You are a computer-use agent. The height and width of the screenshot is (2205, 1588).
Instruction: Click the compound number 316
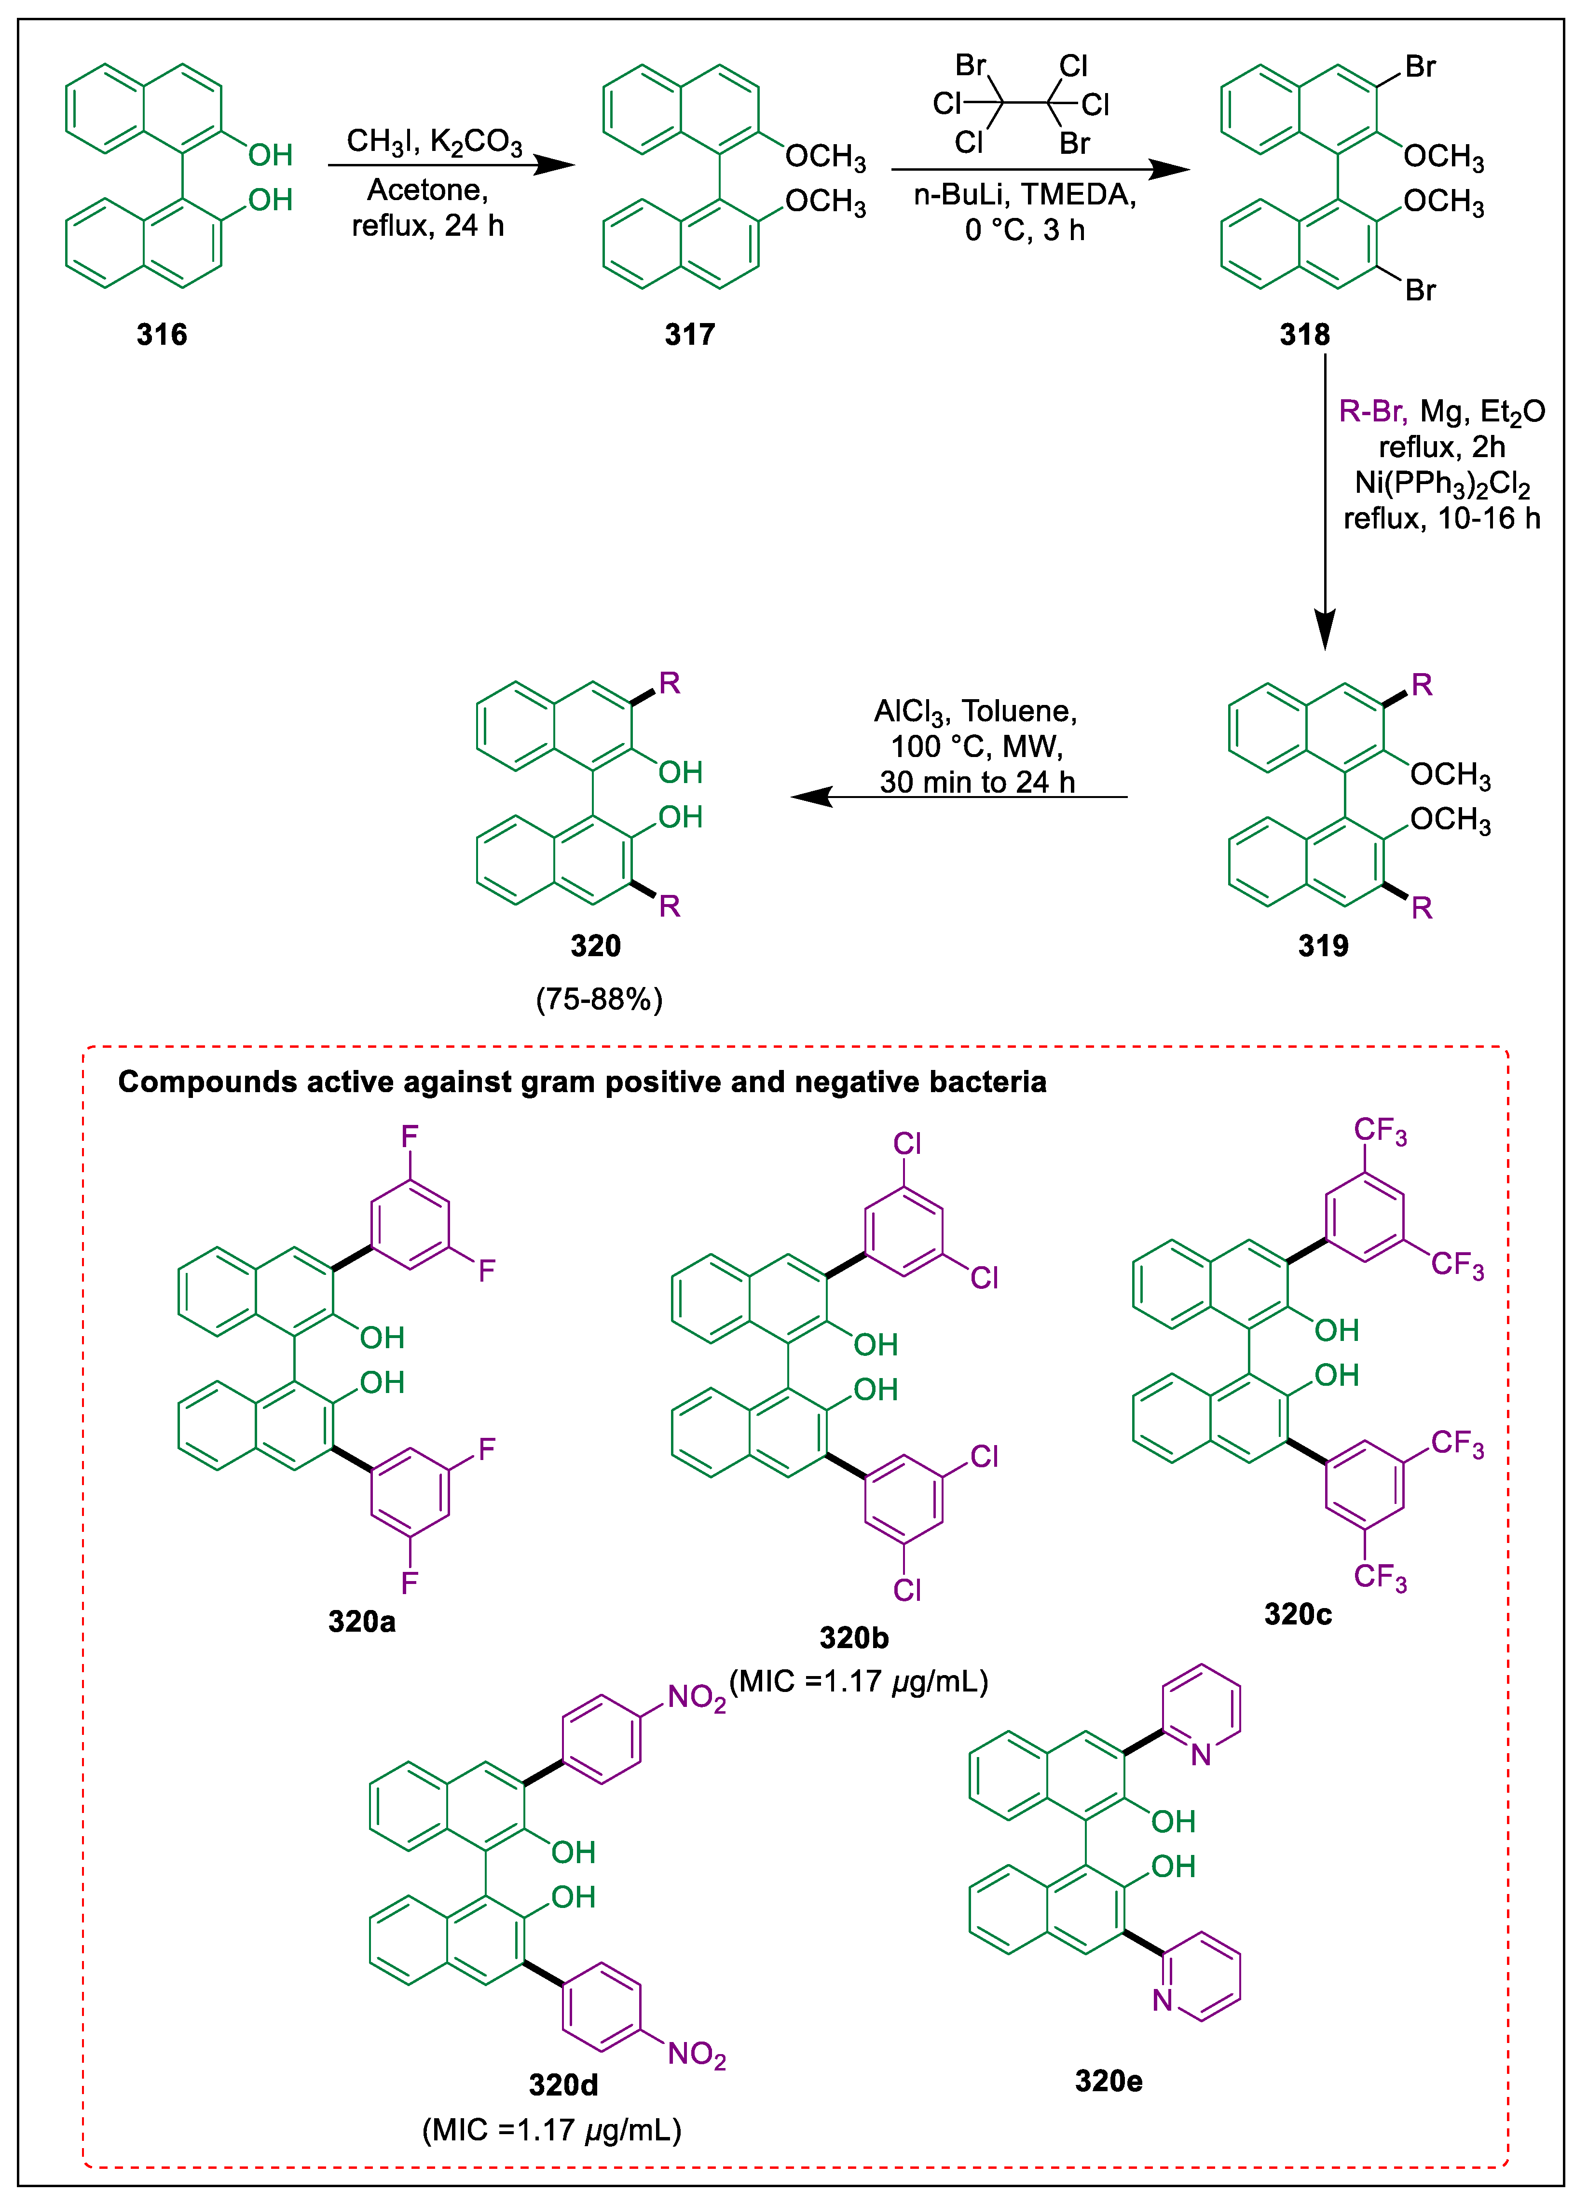pos(162,335)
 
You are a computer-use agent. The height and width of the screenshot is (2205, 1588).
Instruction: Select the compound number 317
pos(689,335)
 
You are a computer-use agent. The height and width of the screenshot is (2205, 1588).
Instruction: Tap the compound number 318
pos(1304,335)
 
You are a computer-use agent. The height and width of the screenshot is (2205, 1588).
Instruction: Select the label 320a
pos(362,1621)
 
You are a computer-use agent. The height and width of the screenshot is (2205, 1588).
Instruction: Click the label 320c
pos(1297,1614)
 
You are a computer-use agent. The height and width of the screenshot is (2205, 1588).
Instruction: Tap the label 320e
pos(1109,2081)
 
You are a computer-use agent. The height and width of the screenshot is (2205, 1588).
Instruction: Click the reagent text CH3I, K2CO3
pos(435,143)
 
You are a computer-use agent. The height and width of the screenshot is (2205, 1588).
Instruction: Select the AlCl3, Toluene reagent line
pos(975,712)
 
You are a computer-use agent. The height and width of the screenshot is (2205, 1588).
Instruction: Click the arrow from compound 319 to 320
pos(958,797)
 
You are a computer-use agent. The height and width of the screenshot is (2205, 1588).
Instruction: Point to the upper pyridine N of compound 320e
pos(1201,1755)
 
